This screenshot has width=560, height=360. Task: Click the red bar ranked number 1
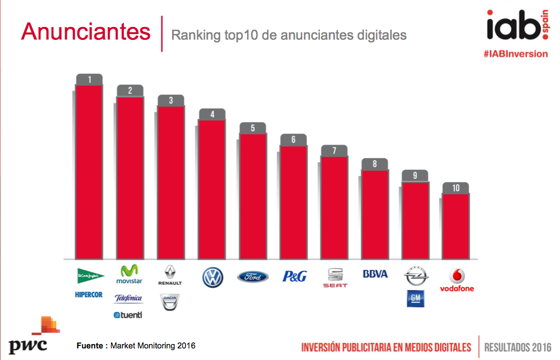pyautogui.click(x=89, y=171)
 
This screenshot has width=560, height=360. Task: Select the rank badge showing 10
pyautogui.click(x=456, y=188)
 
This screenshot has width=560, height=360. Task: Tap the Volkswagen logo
pyautogui.click(x=212, y=277)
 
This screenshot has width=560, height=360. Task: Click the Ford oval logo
pyautogui.click(x=252, y=277)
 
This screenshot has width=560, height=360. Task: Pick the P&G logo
pyautogui.click(x=294, y=276)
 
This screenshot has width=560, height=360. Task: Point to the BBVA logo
pyautogui.click(x=375, y=274)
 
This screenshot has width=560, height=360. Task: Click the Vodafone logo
pyautogui.click(x=457, y=280)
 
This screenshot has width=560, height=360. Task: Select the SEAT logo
pyautogui.click(x=335, y=278)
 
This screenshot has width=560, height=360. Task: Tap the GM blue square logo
pyautogui.click(x=415, y=298)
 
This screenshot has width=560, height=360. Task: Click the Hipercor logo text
pyautogui.click(x=89, y=294)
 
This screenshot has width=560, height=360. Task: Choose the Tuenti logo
pyautogui.click(x=128, y=315)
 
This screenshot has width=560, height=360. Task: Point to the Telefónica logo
pyautogui.click(x=129, y=299)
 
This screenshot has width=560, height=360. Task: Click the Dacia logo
pyautogui.click(x=170, y=302)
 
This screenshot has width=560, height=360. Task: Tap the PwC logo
pyautogui.click(x=29, y=337)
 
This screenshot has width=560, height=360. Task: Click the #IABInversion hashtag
pyautogui.click(x=516, y=53)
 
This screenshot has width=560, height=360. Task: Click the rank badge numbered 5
pyautogui.click(x=252, y=128)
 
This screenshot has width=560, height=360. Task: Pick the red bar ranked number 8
pyautogui.click(x=375, y=214)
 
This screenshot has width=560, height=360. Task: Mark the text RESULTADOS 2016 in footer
pyautogui.click(x=518, y=346)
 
